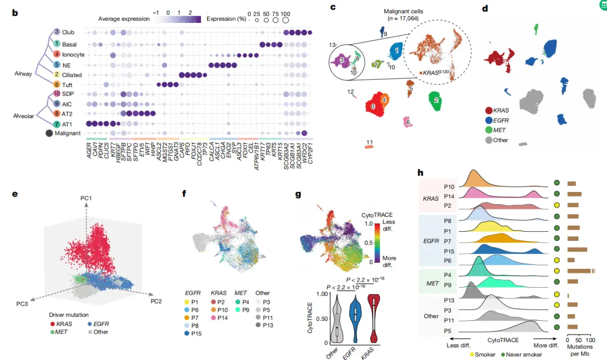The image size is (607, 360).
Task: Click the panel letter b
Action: coord(15,12)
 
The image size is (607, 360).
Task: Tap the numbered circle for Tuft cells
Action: coord(57,85)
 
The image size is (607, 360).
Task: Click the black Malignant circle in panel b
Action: coord(49,133)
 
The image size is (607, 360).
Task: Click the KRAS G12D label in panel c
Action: coord(436,74)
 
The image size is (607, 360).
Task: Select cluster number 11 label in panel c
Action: coord(370,142)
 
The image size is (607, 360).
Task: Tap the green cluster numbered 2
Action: coord(436,100)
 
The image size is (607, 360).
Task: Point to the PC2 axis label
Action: coord(156,301)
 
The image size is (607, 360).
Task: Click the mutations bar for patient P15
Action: coord(577,250)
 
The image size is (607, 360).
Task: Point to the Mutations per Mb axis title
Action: coord(578,349)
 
